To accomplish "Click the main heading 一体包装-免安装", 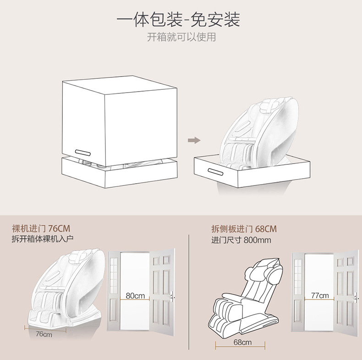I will (x=178, y=20).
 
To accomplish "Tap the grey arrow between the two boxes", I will (x=195, y=140).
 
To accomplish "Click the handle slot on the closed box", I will (x=85, y=152).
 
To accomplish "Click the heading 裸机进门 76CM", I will (x=41, y=229).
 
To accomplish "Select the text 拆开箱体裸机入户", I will (x=42, y=239).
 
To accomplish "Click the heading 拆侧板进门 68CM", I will (x=244, y=229).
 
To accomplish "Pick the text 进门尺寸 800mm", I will (x=241, y=240).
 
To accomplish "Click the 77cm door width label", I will (x=320, y=295).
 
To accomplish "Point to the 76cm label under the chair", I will (x=44, y=334).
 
